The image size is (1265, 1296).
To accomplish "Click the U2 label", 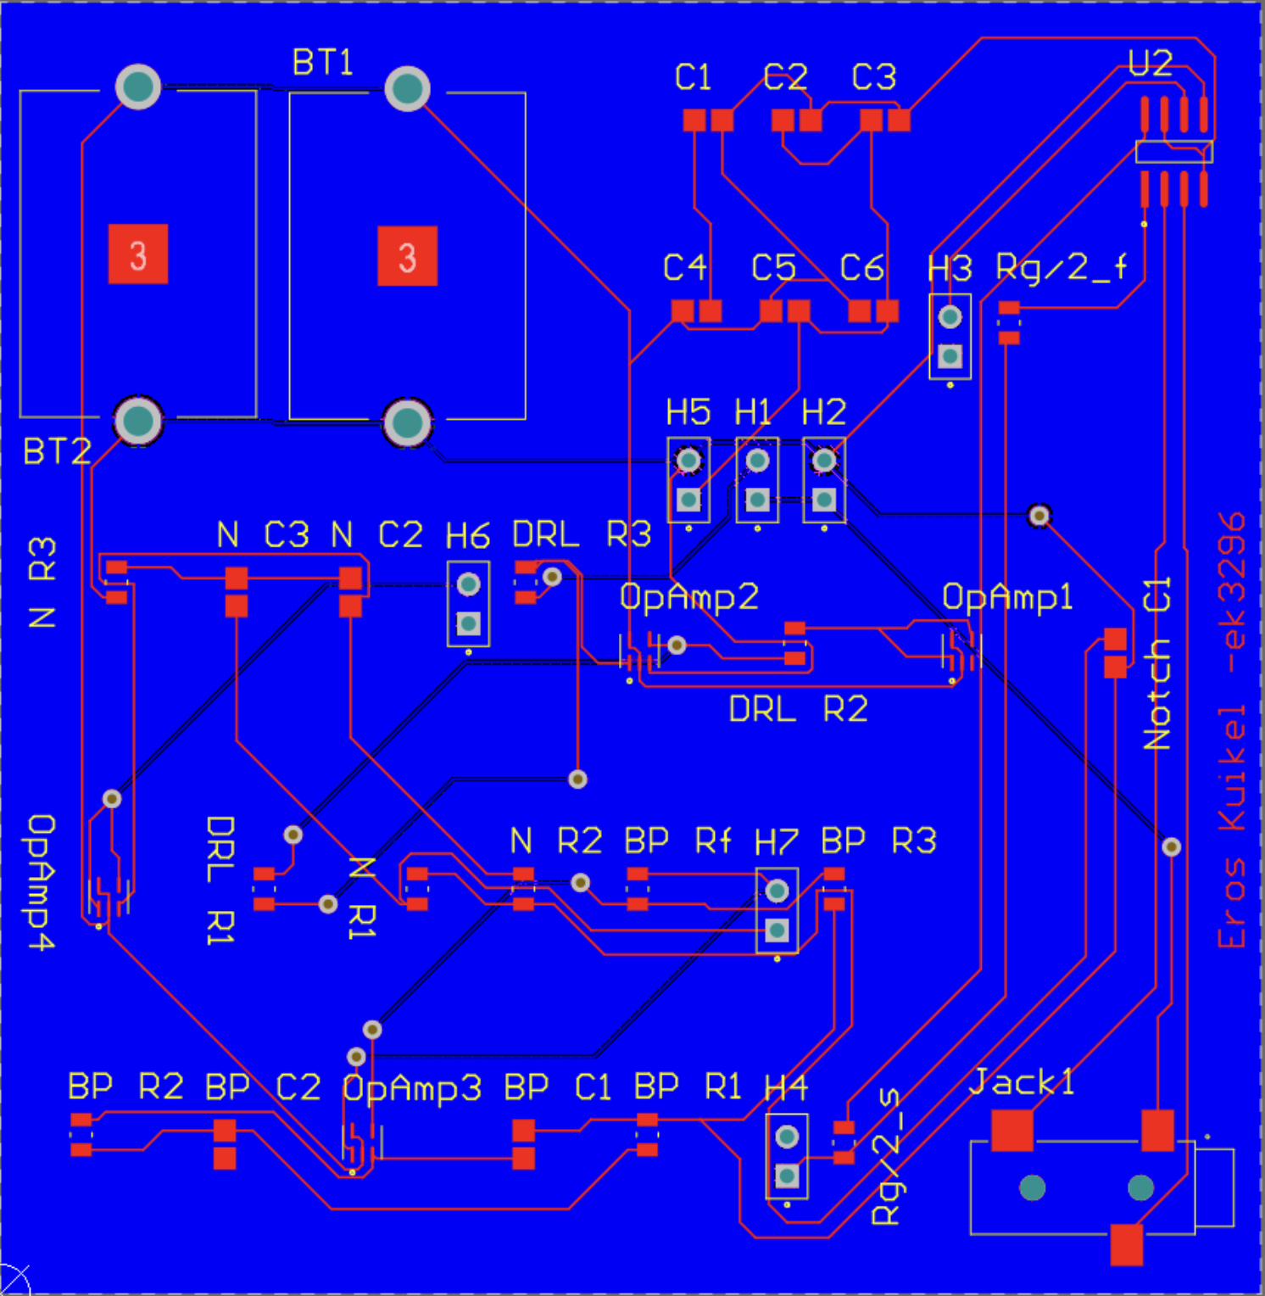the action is (x=1151, y=64).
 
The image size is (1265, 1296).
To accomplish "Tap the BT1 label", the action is (x=323, y=62).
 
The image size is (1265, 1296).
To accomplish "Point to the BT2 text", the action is (x=57, y=451).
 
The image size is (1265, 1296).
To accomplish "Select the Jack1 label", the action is (x=1023, y=1082).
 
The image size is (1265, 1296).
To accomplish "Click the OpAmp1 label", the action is (x=1008, y=598).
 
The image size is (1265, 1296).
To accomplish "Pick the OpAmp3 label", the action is (x=412, y=1088).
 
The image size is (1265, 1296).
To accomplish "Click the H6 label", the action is (x=468, y=536).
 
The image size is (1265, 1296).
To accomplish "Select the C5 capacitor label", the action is (x=773, y=268).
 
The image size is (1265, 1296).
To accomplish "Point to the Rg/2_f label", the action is (x=1062, y=267).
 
